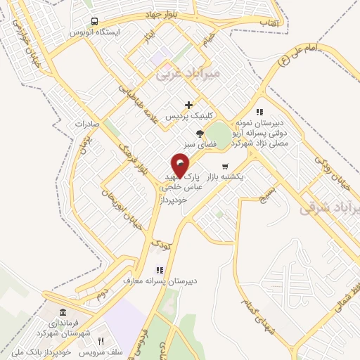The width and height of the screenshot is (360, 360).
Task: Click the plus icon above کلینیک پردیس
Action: coord(188,105)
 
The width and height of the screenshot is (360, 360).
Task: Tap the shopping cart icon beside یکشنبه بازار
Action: coord(225,167)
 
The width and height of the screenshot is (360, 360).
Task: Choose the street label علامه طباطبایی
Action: coord(138,102)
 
